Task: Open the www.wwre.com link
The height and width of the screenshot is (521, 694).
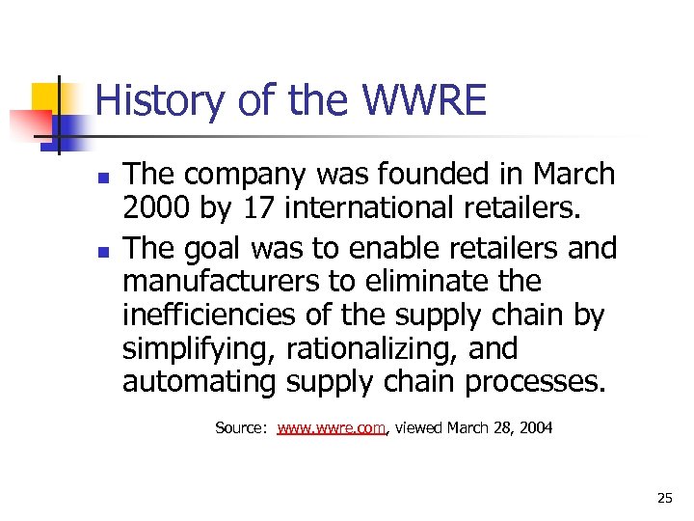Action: (332, 427)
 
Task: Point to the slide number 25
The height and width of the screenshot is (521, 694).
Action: (664, 498)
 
